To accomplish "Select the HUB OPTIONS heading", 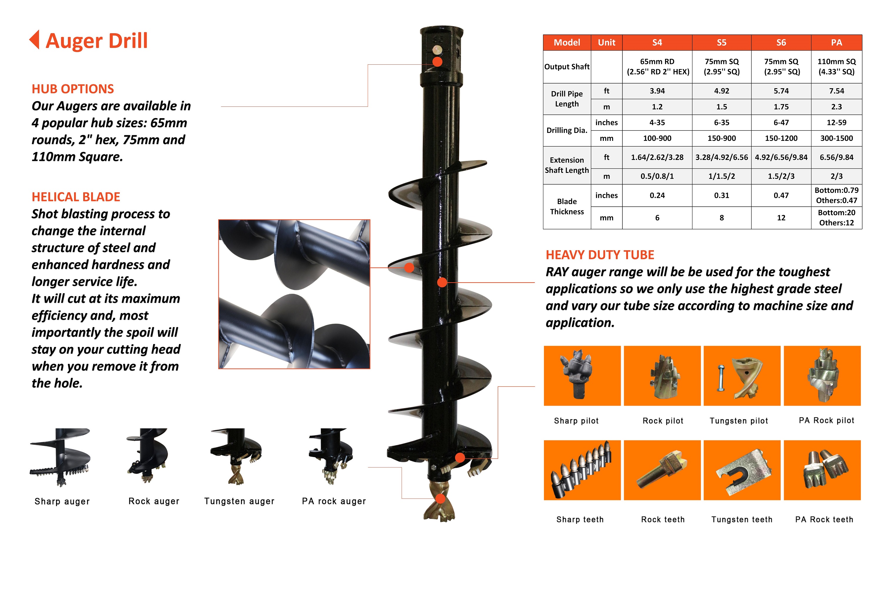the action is [73, 89].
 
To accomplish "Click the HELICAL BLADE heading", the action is [76, 197].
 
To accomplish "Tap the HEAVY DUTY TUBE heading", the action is [600, 255].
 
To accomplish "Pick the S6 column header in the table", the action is [781, 43].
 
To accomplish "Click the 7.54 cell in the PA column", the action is [836, 91].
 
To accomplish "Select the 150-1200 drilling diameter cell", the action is [781, 138].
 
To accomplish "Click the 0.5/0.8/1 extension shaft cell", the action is [657, 176].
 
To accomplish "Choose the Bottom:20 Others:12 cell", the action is [836, 218].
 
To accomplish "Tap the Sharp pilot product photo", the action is [582, 375].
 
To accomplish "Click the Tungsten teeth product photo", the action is [742, 470].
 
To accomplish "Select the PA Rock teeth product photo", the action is [822, 470].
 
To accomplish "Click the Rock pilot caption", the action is [663, 421].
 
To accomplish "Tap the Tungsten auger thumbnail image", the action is [236, 456].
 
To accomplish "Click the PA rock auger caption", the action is [334, 501].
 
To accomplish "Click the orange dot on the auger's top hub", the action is [437, 62].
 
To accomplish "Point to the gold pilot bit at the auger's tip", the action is [440, 502].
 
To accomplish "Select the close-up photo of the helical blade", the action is [294, 294].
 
